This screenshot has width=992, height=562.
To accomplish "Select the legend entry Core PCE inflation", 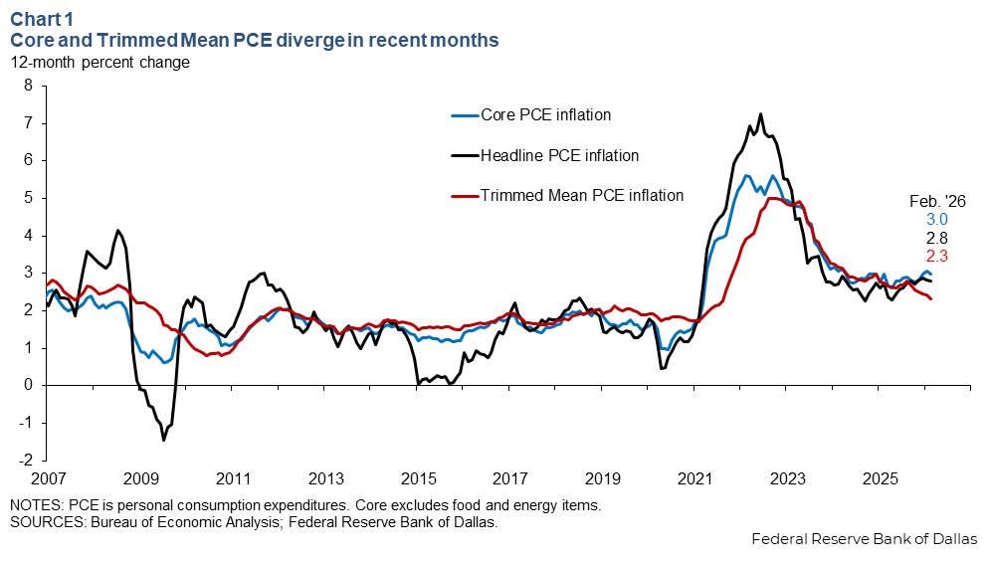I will tap(545, 115).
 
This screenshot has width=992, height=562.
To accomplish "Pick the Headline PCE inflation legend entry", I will tap(559, 155).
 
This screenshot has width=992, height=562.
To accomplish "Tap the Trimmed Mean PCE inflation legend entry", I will tap(582, 195).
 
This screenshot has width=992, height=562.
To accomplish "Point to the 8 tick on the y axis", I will tap(28, 86).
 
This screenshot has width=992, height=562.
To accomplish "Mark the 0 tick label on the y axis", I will tap(28, 386).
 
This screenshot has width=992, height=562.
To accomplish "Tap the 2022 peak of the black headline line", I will tap(760, 114).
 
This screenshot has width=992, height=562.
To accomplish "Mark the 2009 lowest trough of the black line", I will tap(163, 440).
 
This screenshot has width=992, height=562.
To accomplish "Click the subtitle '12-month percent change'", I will tap(99, 62).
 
